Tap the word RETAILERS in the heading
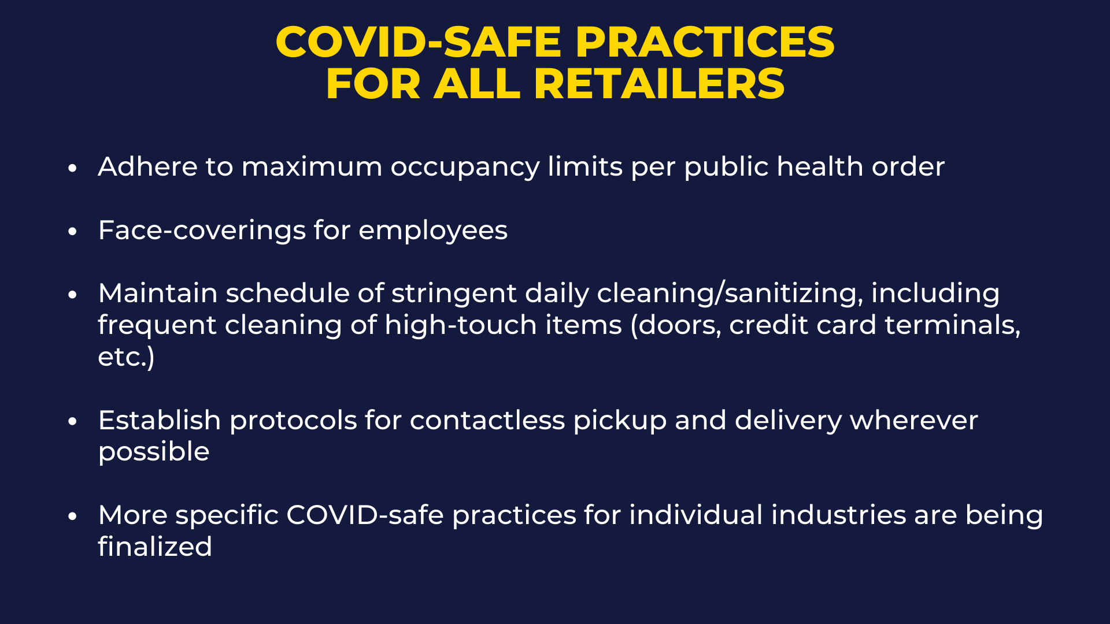pos(659,84)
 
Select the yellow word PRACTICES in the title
pos(705,42)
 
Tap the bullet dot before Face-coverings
pos(72,231)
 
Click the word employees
pos(433,232)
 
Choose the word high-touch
pos(503,326)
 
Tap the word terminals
pos(952,326)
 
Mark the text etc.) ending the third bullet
pos(126,357)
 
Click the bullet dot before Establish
pos(72,421)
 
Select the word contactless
pos(487,420)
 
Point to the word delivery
pos(788,421)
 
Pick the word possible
pos(154,452)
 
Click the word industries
pos(767,515)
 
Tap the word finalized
pos(155,547)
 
